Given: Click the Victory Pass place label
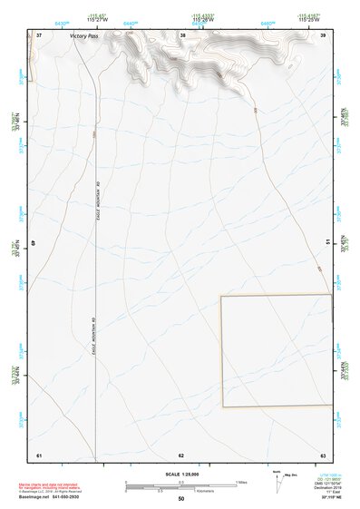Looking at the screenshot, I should tap(83, 36).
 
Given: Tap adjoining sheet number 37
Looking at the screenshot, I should tap(39, 34).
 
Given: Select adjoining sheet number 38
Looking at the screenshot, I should tap(183, 34).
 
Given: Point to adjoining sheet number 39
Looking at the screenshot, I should tap(323, 34).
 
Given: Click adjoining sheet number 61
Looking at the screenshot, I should tap(39, 454).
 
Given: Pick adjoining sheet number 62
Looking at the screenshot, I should tap(181, 454).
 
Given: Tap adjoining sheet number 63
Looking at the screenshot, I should tap(323, 454).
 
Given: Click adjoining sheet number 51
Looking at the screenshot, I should tap(327, 244).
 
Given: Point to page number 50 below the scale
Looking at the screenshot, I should tap(181, 499).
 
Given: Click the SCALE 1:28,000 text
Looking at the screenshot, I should tap(181, 475).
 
